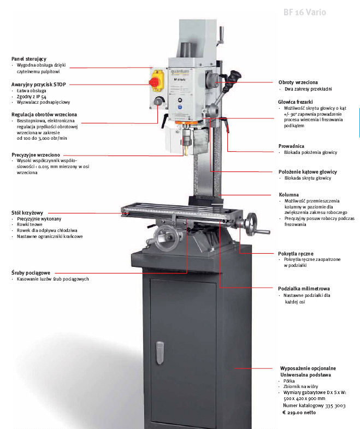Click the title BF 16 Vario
point(305,11)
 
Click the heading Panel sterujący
point(29,58)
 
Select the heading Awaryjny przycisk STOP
point(38,85)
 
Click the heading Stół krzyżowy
point(27,212)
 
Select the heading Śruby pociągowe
point(31,272)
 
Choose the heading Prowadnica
point(292,146)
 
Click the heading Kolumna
point(288,194)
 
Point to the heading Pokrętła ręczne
point(296,253)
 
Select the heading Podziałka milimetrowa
point(304,288)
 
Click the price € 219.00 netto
point(299,412)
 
